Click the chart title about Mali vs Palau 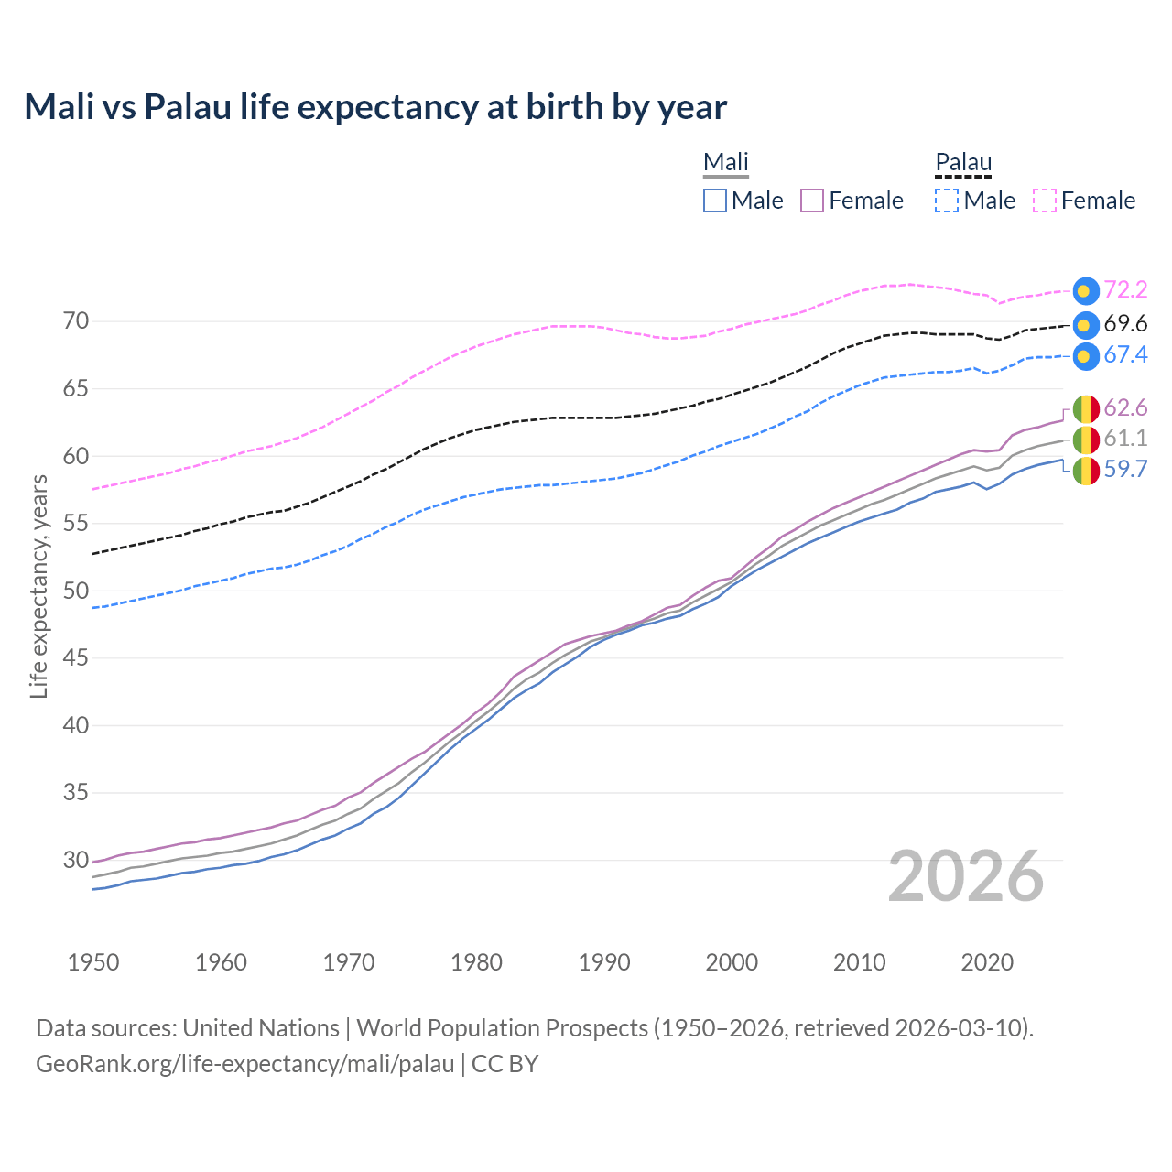(375, 107)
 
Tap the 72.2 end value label (1125, 290)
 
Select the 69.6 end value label (1125, 324)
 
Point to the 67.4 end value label (1125, 355)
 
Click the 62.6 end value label (1125, 407)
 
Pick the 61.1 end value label (1125, 439)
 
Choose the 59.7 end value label (1125, 470)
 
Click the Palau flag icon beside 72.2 (1085, 291)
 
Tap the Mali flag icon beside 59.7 (1085, 471)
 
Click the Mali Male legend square (715, 201)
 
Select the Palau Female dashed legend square (1045, 201)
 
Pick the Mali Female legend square (812, 201)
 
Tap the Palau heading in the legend (963, 163)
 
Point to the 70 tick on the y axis (76, 321)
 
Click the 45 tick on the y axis (76, 657)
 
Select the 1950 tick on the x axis (93, 962)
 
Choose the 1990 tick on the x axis (604, 962)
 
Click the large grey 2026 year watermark (966, 876)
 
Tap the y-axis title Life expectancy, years (38, 586)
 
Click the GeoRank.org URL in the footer (245, 1064)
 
